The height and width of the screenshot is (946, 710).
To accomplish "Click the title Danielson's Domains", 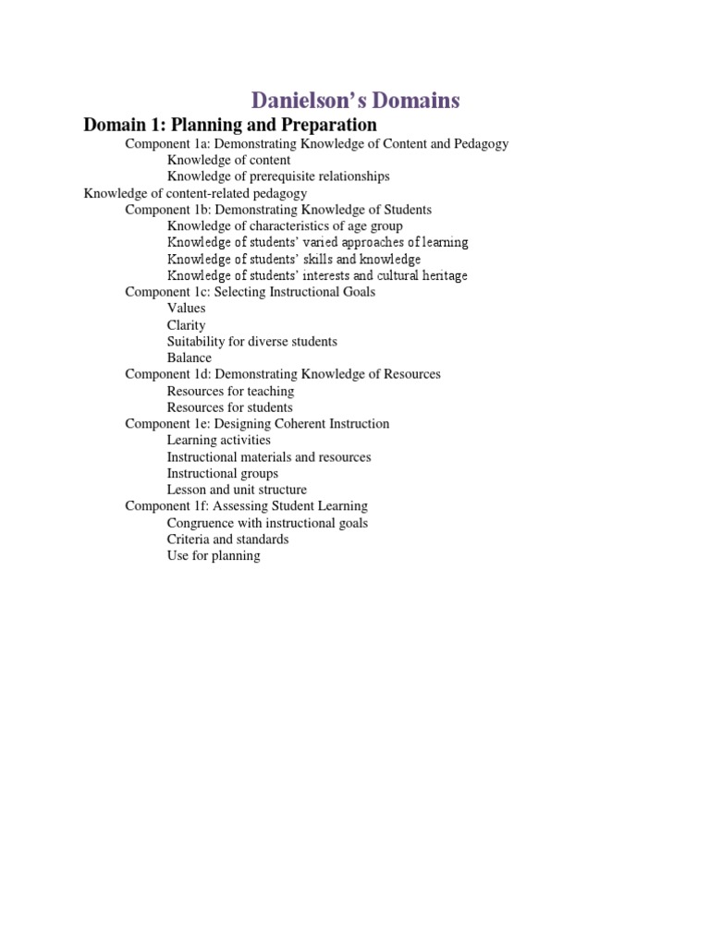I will tap(354, 100).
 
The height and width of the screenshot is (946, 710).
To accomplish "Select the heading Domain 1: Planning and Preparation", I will tap(230, 125).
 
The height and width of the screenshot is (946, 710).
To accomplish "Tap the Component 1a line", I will tap(317, 144).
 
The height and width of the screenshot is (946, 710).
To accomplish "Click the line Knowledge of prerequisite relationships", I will tap(278, 176).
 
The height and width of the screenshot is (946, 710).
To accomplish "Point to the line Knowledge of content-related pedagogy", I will tap(195, 193).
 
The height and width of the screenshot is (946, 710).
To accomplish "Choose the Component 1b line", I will tap(278, 210).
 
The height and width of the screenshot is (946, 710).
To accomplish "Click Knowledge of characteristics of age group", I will tap(285, 226).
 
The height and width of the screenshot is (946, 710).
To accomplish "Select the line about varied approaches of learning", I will tap(317, 243).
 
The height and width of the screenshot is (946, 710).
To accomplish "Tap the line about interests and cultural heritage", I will tap(317, 275).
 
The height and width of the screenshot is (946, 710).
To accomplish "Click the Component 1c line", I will tap(250, 292).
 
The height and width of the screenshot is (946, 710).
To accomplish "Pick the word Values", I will tap(186, 309).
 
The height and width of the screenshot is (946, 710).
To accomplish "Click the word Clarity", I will tap(186, 325).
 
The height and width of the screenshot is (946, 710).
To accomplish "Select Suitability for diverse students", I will tap(251, 342).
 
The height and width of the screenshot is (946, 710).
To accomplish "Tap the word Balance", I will tap(189, 358).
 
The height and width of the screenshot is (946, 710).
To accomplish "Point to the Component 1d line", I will tap(283, 374).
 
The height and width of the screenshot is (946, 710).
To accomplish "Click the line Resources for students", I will tap(229, 407).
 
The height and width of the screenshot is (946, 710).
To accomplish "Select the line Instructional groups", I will tap(222, 474).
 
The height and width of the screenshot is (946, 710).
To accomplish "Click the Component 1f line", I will tap(246, 506).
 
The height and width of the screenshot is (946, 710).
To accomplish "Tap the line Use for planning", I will tap(214, 556).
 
